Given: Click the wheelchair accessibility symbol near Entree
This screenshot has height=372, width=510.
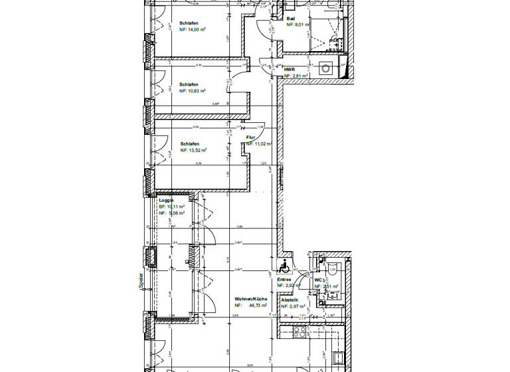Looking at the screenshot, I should point(284,267).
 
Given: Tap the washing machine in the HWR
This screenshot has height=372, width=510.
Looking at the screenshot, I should point(326,68).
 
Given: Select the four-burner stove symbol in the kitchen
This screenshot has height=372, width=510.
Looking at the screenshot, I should point(300,331).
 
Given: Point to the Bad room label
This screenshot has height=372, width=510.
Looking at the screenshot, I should point(290,19).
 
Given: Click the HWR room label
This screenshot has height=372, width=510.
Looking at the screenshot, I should point(289,69).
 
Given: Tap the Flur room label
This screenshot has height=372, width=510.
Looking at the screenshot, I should point(251,137).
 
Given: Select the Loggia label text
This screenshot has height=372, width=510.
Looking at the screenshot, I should point(166,200).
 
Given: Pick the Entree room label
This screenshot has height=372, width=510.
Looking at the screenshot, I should point(284,279).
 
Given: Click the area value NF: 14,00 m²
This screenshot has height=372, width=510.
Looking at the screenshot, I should point(193,29).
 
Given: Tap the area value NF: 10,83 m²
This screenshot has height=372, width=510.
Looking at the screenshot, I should point(193,90).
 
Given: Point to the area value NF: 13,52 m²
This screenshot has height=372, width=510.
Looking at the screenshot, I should point(193,150).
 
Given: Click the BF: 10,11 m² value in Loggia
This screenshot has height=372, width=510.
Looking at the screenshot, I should point(171,207).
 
